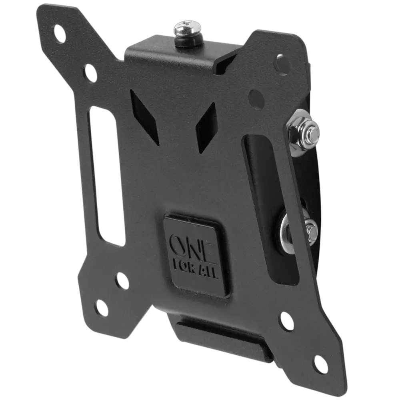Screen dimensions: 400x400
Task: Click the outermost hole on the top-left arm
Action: (x=60, y=33)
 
